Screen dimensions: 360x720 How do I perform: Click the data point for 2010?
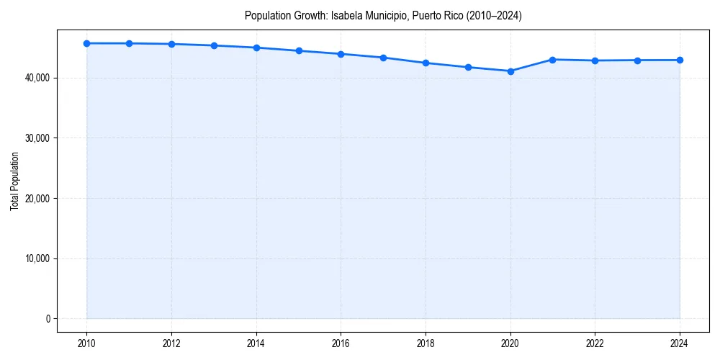[x=86, y=43]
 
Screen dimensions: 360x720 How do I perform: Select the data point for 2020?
[x=510, y=71]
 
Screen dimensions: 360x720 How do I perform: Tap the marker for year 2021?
[x=552, y=60]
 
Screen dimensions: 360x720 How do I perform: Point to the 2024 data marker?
[x=680, y=60]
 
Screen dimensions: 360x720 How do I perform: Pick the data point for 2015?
[x=299, y=50]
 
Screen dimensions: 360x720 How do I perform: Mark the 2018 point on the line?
[x=426, y=63]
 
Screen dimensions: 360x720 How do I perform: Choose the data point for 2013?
[x=214, y=45]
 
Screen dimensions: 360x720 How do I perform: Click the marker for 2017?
[x=383, y=58]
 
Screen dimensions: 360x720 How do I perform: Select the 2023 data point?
[x=637, y=60]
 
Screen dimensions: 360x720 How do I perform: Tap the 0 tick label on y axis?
[x=48, y=319]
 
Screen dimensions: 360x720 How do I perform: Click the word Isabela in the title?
[x=346, y=15]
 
